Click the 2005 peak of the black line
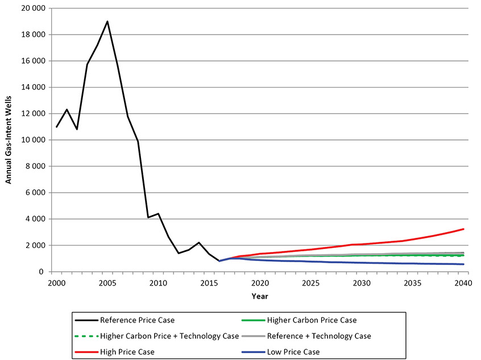(x=107, y=22)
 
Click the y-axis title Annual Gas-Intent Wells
(x=9, y=140)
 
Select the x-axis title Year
(x=259, y=296)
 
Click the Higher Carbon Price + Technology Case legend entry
(x=169, y=336)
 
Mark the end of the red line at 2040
(x=464, y=229)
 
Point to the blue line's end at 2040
(x=464, y=264)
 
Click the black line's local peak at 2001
(x=67, y=109)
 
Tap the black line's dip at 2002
(x=77, y=129)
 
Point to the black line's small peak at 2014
(x=198, y=243)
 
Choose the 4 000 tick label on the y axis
(x=35, y=219)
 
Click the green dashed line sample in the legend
(x=85, y=336)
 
